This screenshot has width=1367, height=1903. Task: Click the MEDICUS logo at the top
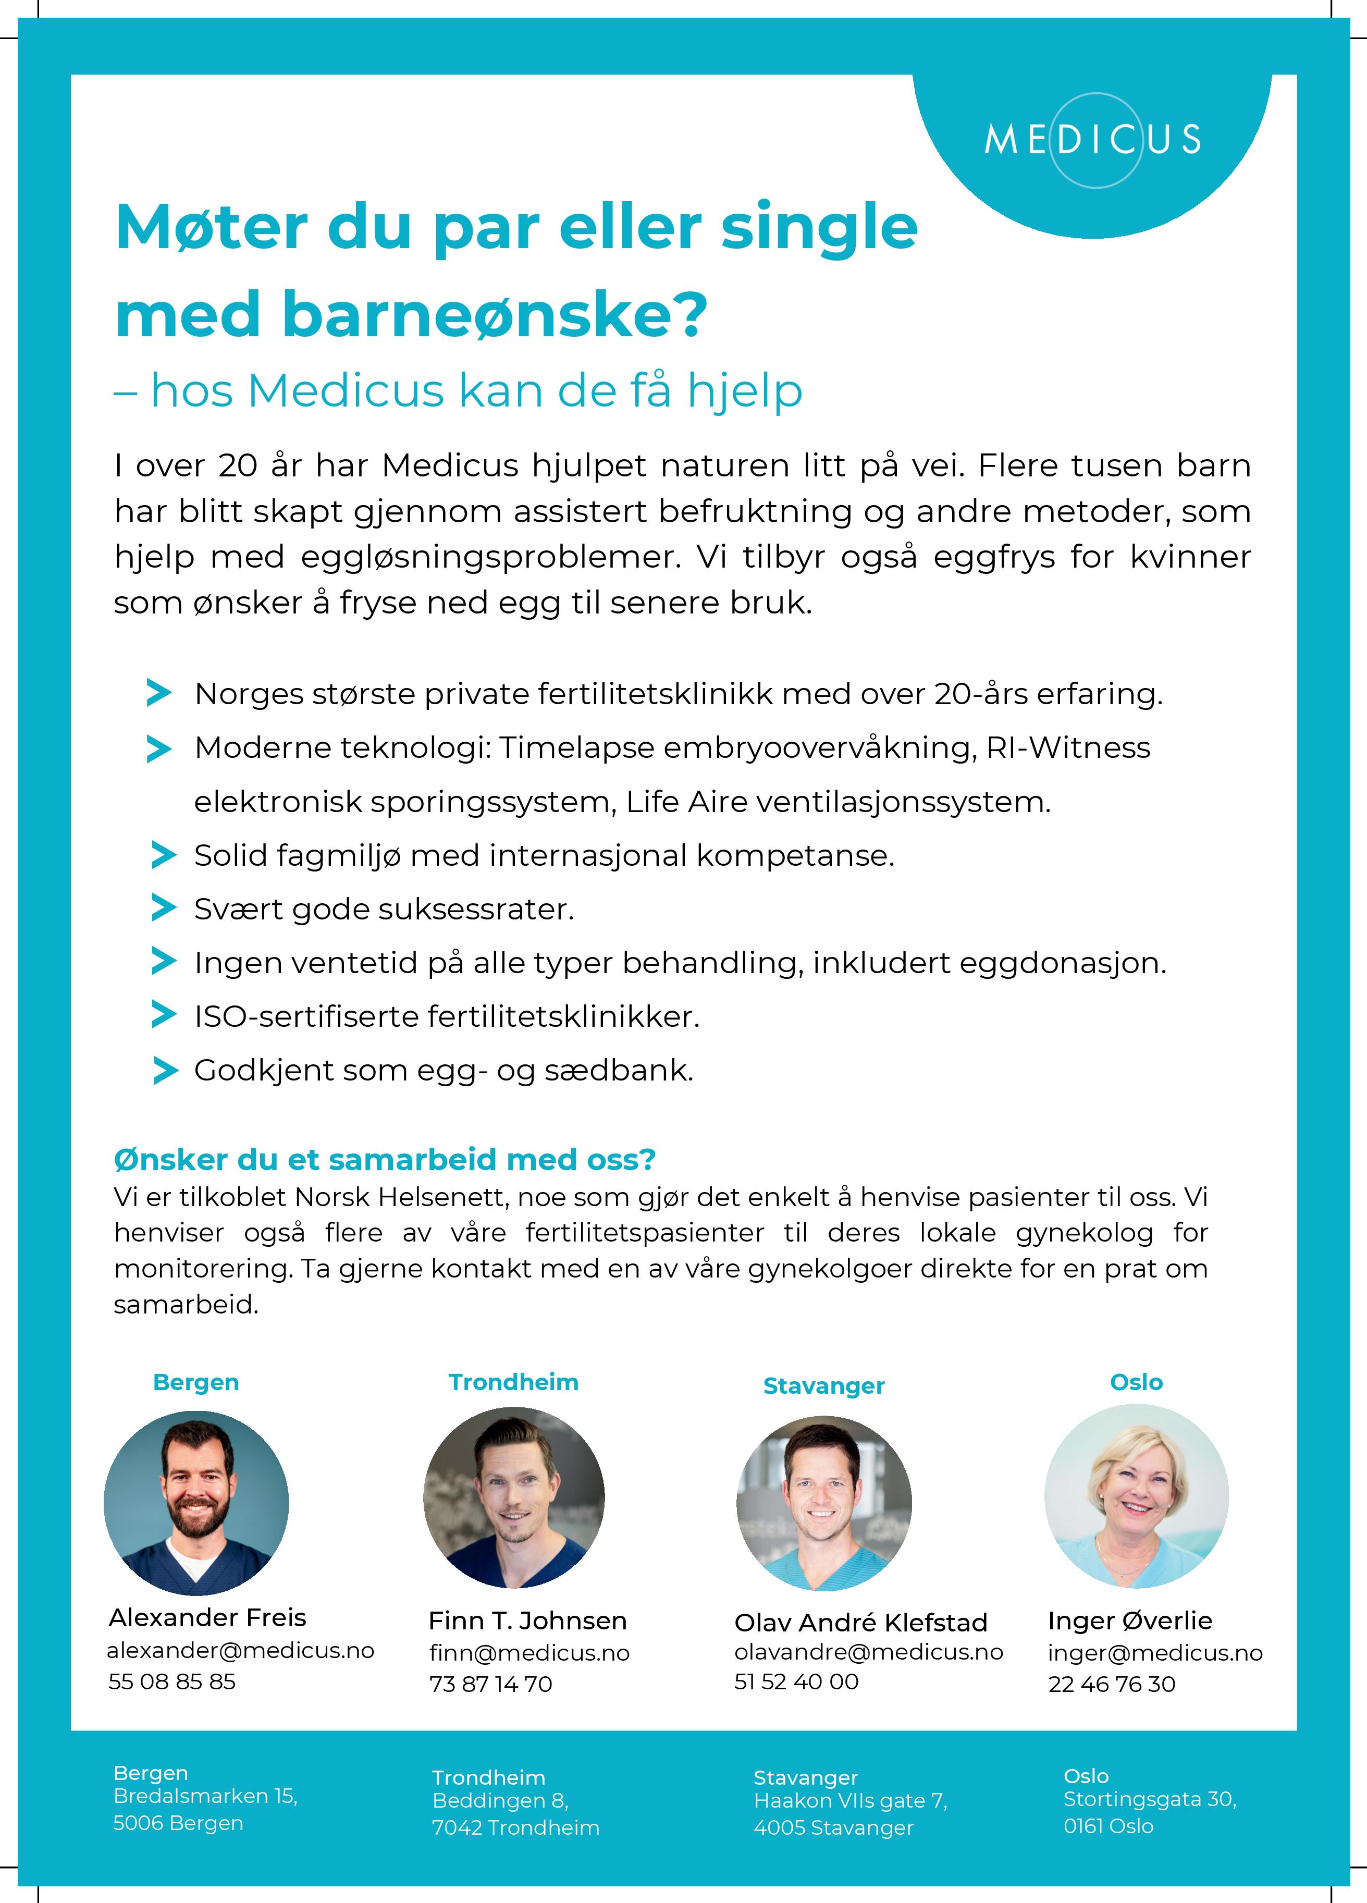(x=1092, y=139)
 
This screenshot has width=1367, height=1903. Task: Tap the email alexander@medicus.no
(x=240, y=1650)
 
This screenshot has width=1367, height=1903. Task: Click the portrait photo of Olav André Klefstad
(x=824, y=1503)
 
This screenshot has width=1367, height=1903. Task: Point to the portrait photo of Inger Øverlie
(x=1136, y=1497)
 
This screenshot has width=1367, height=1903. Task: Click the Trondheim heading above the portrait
(x=513, y=1382)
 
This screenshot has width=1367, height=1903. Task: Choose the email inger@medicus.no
(x=1155, y=1653)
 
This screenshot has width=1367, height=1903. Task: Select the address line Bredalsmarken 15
(x=205, y=1796)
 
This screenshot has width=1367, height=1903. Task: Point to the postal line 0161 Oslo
(x=1107, y=1826)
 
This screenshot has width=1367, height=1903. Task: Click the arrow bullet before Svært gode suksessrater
(x=164, y=908)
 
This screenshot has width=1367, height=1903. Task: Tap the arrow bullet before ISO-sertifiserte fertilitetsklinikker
(x=164, y=1015)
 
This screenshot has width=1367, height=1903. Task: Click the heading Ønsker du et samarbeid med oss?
(x=384, y=1160)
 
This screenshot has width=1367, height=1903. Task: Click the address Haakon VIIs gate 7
(x=850, y=1801)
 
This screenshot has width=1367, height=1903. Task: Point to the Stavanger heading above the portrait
(x=823, y=1386)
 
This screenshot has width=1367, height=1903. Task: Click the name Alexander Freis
(x=207, y=1617)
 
